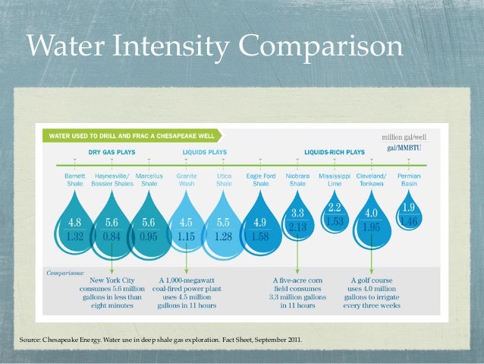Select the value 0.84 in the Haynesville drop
coord(112,236)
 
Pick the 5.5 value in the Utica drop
coord(223,223)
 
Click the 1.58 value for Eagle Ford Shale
coord(260,236)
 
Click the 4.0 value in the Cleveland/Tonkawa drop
coord(371,213)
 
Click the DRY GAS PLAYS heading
coord(112,152)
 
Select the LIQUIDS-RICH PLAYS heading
coord(335,152)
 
